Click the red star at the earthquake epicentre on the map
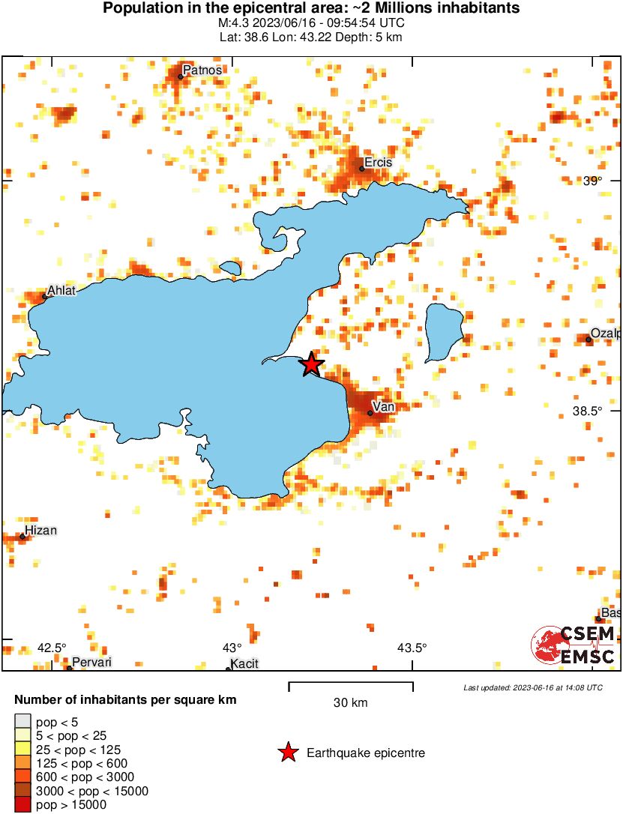pyautogui.click(x=312, y=365)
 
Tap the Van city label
pyautogui.click(x=384, y=407)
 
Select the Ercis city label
pyautogui.click(x=378, y=163)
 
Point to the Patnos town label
pyautogui.click(x=202, y=70)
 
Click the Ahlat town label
pyautogui.click(x=61, y=291)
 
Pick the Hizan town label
pyautogui.click(x=42, y=531)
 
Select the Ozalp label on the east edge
pyautogui.click(x=606, y=334)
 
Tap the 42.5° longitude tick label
pyautogui.click(x=52, y=648)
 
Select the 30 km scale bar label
pyautogui.click(x=351, y=703)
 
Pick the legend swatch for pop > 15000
pyautogui.click(x=22, y=805)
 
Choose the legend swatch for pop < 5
pyautogui.click(x=22, y=723)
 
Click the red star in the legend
pyautogui.click(x=288, y=753)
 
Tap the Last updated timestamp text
pyautogui.click(x=532, y=687)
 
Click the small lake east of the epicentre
pyautogui.click(x=442, y=332)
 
